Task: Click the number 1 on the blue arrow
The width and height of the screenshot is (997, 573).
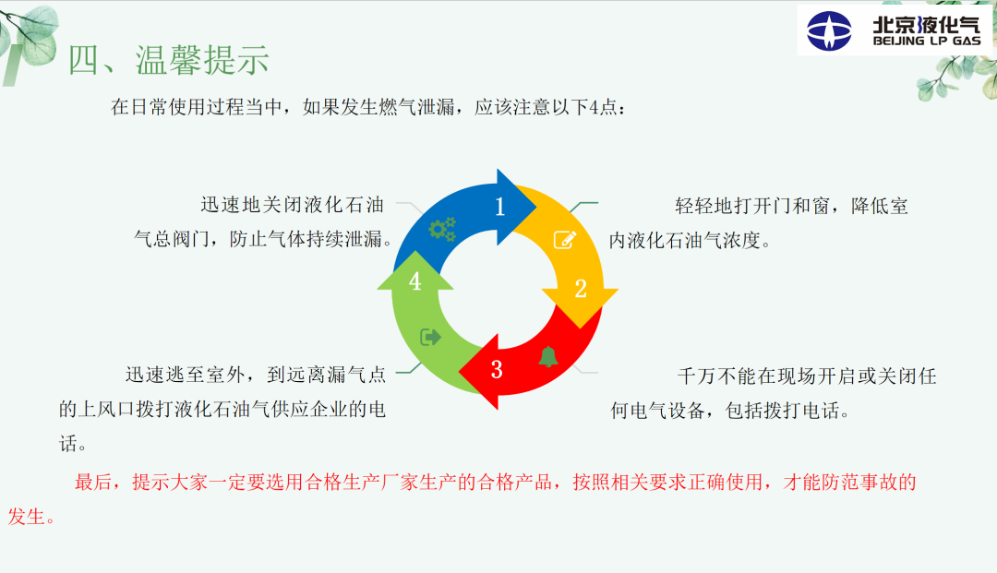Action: (x=499, y=207)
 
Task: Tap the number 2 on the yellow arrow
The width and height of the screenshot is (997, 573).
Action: (x=581, y=289)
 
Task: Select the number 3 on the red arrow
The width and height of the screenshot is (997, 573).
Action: (x=497, y=370)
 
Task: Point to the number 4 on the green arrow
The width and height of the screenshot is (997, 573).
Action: (x=415, y=281)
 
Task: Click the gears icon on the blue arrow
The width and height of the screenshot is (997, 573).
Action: (x=442, y=230)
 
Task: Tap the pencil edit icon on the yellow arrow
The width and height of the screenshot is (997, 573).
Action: (x=565, y=240)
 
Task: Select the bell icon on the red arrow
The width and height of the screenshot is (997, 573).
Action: (x=548, y=356)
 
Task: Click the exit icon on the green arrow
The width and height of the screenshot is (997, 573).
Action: (x=430, y=337)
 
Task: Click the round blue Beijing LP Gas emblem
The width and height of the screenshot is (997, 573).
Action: (x=829, y=30)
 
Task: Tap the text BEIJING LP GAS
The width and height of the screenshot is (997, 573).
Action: (x=927, y=42)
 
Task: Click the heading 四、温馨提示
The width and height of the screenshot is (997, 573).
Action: (x=169, y=60)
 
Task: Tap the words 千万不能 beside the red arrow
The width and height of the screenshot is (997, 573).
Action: (x=716, y=376)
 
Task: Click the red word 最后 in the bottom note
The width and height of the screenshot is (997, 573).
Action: (x=93, y=483)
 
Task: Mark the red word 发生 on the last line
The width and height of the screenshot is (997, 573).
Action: (x=27, y=517)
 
